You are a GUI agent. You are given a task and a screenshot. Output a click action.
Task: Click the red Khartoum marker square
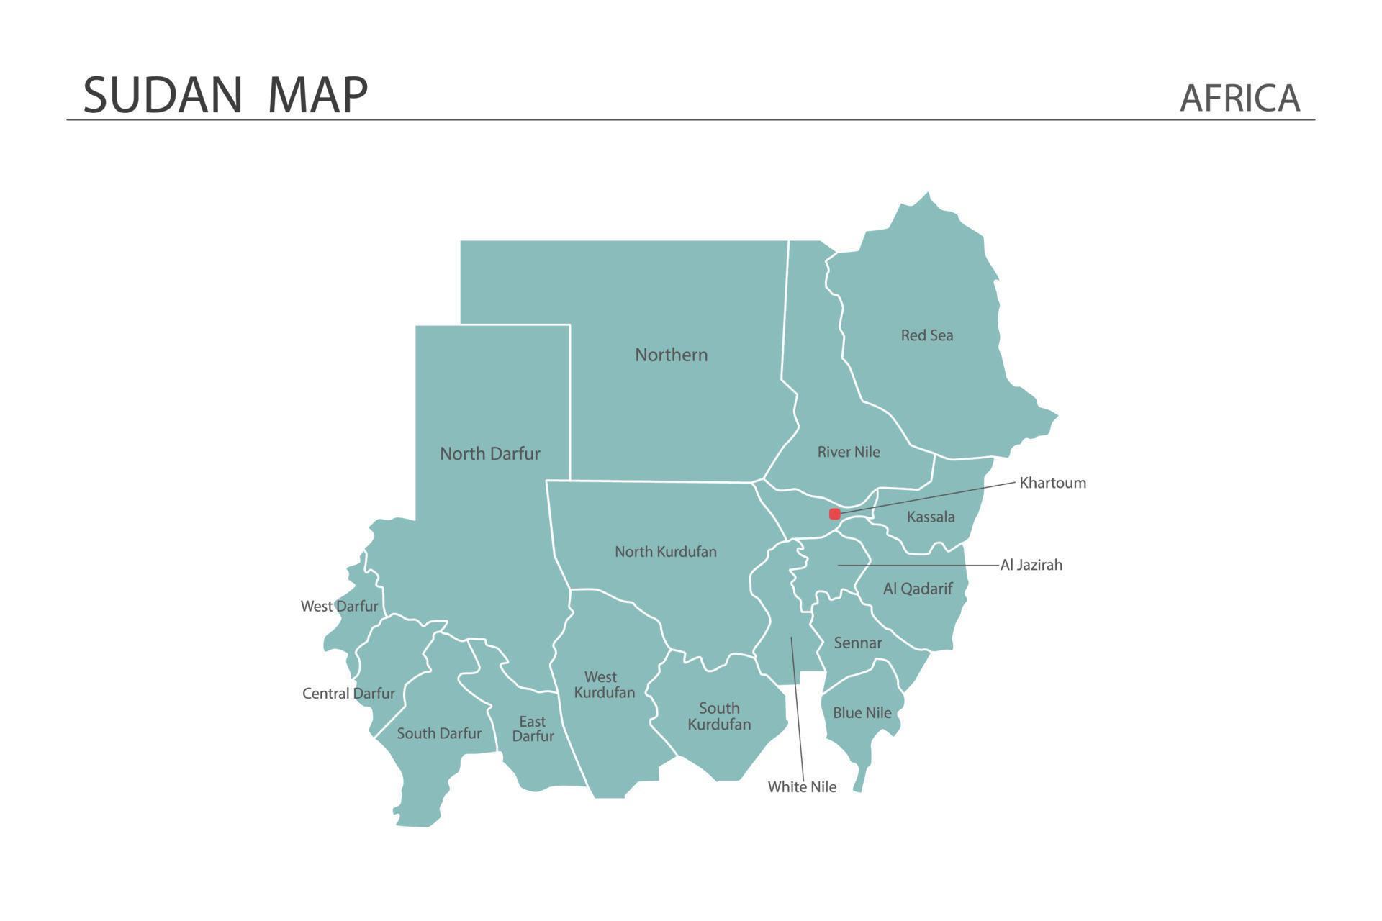point(835,514)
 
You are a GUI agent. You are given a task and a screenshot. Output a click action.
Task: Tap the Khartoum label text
point(1052,483)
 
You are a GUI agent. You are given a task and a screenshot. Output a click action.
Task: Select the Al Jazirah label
point(1031,565)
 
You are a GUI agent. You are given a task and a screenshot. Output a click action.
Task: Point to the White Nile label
point(802,787)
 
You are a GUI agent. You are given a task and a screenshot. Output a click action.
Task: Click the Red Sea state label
point(926,335)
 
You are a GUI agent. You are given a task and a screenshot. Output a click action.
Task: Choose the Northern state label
point(671,355)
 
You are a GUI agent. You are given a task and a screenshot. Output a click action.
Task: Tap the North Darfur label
point(489,454)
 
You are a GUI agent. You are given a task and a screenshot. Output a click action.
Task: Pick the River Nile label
point(849,452)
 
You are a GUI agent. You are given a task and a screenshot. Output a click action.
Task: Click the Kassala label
point(931,517)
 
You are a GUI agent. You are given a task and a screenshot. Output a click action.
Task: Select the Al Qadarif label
point(918,589)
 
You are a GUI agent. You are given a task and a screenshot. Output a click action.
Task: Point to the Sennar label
point(857,643)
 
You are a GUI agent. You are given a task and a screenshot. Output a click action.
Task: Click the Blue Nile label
point(862,712)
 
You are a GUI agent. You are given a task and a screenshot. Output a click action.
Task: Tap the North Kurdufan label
point(665,552)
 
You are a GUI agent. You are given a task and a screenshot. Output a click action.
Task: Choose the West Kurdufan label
point(604,684)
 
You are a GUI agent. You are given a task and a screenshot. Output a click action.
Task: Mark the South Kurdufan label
point(718,716)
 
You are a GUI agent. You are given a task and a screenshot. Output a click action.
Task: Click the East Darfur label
point(533,728)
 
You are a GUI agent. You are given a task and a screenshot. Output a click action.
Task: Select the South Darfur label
point(438,733)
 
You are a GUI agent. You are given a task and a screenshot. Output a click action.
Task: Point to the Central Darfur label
point(348,694)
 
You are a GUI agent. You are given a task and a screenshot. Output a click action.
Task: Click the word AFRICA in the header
point(1239,98)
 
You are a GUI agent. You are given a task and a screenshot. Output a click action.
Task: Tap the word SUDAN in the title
point(163,94)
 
